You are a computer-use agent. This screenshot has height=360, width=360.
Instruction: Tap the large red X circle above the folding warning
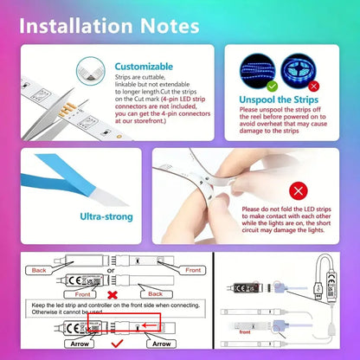pos(297,189)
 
